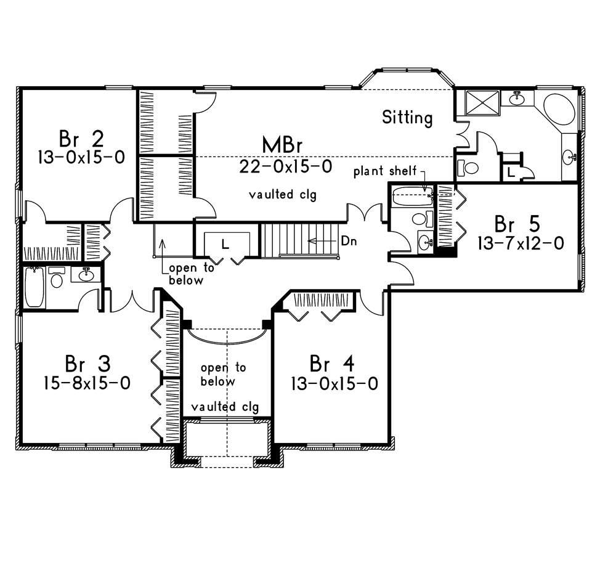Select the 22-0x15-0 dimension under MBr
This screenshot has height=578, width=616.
tap(284, 166)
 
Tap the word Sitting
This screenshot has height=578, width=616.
tap(407, 117)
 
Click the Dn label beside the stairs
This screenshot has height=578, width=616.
tap(349, 242)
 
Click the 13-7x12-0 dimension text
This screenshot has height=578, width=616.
tap(521, 243)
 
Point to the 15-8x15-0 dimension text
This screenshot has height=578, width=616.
tap(86, 383)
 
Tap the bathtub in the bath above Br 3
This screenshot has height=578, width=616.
tap(34, 287)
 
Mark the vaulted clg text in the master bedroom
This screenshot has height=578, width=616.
tap(283, 195)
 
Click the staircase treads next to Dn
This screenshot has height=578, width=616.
tap(290, 240)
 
